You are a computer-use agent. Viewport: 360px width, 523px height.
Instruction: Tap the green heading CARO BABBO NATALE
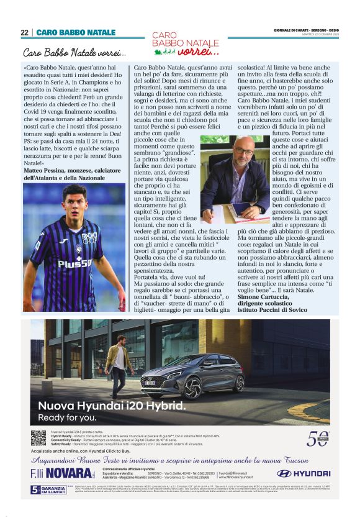pyautogui.click(x=76, y=32)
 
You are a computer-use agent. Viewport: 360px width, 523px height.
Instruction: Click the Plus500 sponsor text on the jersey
pyautogui.click(x=74, y=262)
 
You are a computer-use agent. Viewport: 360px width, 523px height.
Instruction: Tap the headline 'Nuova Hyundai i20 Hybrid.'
pyautogui.click(x=112, y=406)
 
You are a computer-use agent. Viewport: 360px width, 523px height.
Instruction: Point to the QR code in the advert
pyautogui.click(x=38, y=437)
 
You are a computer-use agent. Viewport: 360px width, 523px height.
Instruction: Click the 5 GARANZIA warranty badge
pyautogui.click(x=47, y=489)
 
